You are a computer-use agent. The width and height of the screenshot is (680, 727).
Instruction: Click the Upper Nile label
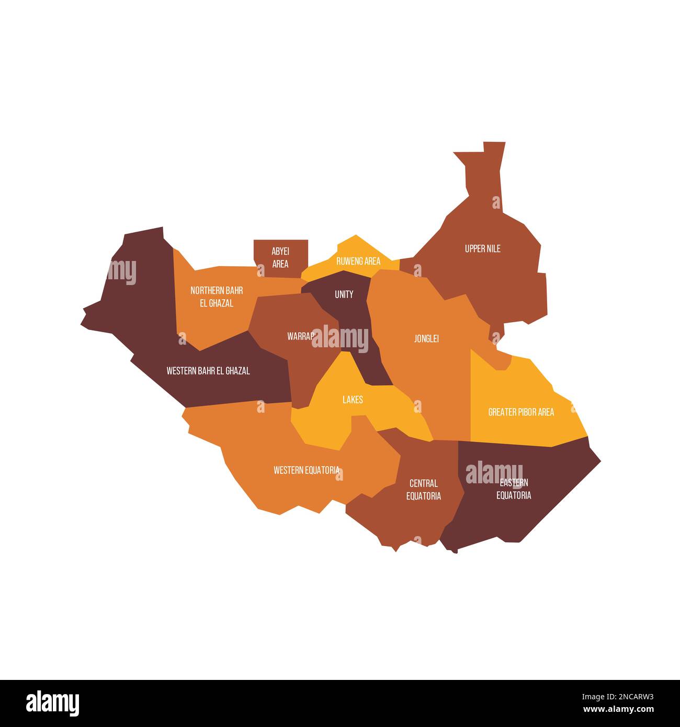(482, 249)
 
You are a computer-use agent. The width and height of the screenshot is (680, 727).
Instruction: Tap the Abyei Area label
(280, 257)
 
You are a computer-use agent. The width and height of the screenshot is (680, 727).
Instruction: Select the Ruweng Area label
(358, 261)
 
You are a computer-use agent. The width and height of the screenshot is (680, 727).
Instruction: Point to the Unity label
(344, 294)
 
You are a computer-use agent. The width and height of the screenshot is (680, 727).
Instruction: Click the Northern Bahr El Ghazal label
(217, 297)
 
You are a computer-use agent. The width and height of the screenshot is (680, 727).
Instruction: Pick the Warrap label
(300, 336)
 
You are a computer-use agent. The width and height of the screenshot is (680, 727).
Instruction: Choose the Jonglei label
(426, 339)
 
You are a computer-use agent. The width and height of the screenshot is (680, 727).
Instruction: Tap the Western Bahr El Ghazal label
(208, 371)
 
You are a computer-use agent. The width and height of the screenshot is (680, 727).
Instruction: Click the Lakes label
(353, 400)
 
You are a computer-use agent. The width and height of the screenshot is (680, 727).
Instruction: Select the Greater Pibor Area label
(521, 412)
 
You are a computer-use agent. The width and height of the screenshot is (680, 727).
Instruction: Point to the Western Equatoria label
(307, 470)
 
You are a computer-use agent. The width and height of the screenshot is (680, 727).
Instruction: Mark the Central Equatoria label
(424, 490)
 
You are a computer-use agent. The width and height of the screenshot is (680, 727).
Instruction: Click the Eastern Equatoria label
(514, 489)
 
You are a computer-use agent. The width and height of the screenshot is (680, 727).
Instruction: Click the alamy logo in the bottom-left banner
(53, 703)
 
